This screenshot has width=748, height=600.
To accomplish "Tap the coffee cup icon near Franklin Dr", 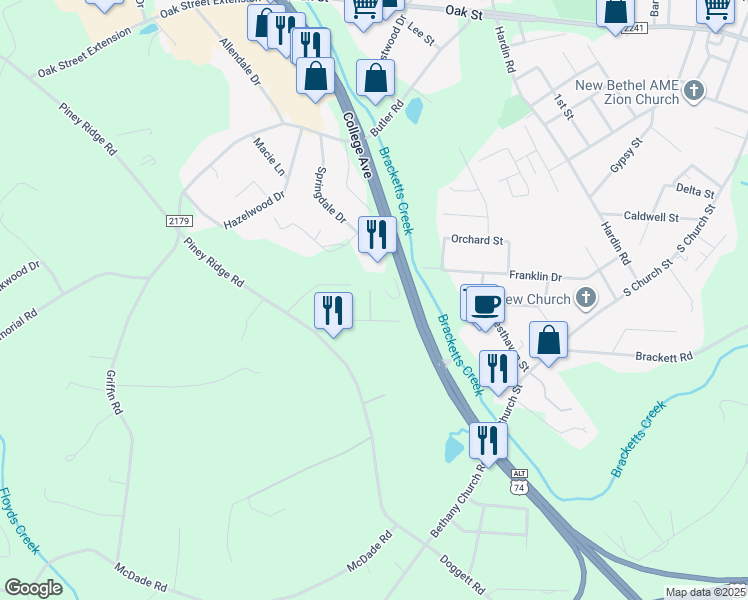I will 485,304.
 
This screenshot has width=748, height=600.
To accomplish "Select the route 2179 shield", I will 179,220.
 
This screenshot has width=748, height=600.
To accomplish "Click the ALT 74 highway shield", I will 518,481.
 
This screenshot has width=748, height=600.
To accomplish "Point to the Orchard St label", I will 476,240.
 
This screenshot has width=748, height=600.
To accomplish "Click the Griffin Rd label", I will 114,394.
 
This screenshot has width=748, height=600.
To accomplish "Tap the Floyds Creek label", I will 19,520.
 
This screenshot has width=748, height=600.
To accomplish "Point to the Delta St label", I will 695,189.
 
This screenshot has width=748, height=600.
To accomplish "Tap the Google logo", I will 33,588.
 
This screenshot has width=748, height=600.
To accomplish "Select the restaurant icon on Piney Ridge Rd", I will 333,311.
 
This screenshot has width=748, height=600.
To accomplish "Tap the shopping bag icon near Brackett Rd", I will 549,340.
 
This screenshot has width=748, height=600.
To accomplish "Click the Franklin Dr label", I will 536,276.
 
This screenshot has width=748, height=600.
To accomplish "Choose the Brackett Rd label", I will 664,356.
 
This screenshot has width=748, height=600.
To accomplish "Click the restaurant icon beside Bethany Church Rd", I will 488,440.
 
